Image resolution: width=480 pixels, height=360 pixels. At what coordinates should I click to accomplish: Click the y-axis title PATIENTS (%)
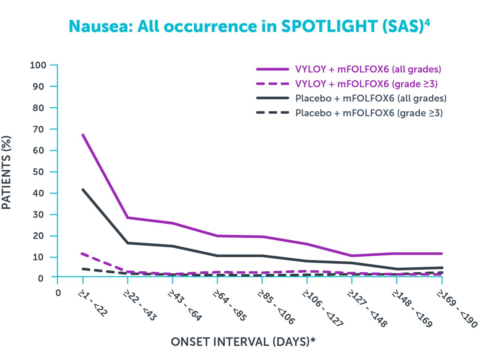(x=6, y=172)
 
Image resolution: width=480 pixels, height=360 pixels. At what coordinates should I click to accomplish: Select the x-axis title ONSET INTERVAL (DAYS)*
(x=243, y=342)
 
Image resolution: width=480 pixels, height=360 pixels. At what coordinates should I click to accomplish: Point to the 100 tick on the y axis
(x=38, y=65)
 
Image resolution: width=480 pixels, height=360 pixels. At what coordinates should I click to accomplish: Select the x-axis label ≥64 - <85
(x=230, y=305)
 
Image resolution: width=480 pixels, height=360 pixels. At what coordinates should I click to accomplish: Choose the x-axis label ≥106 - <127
(x=323, y=308)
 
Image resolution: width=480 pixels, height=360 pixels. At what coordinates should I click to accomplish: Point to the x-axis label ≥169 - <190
(x=457, y=308)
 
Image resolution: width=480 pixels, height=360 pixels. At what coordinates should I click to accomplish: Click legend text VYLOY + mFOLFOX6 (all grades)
(x=368, y=69)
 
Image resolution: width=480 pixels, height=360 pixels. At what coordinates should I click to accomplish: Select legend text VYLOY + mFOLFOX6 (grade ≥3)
(x=366, y=84)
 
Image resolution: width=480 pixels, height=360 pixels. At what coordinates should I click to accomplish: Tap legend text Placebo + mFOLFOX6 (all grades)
(x=371, y=98)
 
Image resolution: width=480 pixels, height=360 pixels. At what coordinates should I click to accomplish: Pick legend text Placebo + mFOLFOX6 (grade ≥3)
(x=369, y=113)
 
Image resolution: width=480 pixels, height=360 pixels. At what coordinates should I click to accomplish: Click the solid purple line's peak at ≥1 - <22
(x=82, y=135)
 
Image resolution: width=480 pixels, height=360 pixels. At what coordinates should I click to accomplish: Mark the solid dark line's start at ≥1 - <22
(x=82, y=189)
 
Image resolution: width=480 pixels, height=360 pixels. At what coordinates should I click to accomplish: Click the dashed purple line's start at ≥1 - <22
(x=82, y=253)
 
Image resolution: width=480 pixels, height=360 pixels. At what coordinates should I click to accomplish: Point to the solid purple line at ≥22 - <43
(x=128, y=217)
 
